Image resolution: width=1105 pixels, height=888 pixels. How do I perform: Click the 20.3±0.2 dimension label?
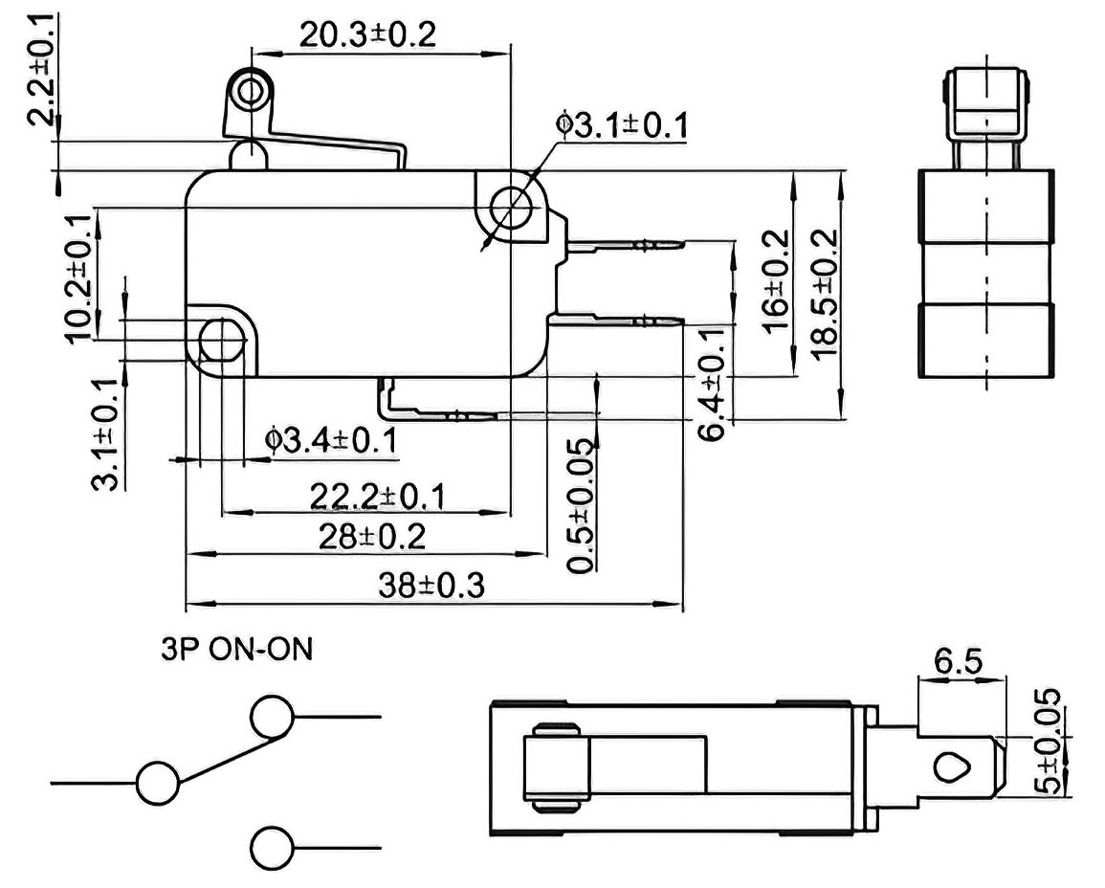pyautogui.click(x=368, y=34)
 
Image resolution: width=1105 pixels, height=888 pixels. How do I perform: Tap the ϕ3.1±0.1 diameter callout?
pyautogui.click(x=622, y=125)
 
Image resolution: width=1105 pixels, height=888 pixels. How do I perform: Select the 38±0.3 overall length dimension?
pyautogui.click(x=431, y=586)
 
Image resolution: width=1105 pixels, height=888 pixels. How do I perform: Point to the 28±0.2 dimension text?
pyautogui.click(x=372, y=537)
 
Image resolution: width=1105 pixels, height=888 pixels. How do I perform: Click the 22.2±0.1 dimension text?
pyautogui.click(x=378, y=497)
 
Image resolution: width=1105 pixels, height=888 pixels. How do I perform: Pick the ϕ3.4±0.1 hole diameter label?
pyautogui.click(x=330, y=441)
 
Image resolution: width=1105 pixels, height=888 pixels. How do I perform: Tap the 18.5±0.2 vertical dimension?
pyautogui.click(x=825, y=295)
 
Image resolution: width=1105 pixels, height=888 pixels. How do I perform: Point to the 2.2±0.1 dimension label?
pyautogui.click(x=42, y=69)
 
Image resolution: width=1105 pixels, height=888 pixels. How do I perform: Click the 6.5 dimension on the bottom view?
pyautogui.click(x=959, y=661)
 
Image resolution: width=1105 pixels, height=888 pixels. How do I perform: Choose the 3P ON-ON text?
pyautogui.click(x=237, y=649)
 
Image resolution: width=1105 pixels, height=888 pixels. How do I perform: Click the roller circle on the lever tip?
pyautogui.click(x=250, y=92)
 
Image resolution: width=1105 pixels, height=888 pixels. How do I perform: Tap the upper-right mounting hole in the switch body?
pyautogui.click(x=510, y=208)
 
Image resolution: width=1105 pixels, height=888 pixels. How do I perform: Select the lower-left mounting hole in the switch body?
pyautogui.click(x=222, y=342)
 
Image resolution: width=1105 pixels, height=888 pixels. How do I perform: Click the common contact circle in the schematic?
pyautogui.click(x=158, y=783)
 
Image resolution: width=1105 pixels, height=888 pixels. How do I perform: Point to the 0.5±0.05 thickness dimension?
pyautogui.click(x=582, y=506)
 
